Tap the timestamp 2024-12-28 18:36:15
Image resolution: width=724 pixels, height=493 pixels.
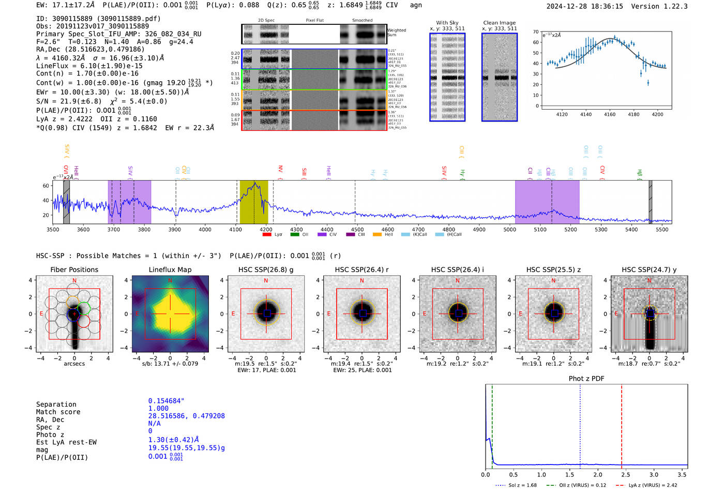(584, 6)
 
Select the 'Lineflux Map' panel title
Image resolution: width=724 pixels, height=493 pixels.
(170, 270)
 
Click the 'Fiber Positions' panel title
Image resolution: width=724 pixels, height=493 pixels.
(74, 270)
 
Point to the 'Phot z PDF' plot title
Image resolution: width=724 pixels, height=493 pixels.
(586, 379)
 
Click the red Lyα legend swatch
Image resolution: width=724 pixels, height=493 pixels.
(267, 235)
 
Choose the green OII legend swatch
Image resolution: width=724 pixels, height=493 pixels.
(295, 235)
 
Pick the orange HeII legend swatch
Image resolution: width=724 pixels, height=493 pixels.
(377, 235)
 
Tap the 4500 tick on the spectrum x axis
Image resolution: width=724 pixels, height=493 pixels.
(357, 229)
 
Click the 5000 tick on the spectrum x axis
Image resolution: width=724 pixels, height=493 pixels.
(509, 229)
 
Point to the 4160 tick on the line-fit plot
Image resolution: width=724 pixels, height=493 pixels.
(610, 114)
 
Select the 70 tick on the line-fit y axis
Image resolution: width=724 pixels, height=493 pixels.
(536, 32)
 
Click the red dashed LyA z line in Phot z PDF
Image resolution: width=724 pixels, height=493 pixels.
(622, 424)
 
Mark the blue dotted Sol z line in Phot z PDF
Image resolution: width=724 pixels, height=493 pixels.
(580, 424)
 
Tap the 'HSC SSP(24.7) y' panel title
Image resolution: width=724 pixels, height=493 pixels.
(649, 270)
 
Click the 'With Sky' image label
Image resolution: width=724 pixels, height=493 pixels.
(447, 23)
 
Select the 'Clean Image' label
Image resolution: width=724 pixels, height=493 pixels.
(499, 23)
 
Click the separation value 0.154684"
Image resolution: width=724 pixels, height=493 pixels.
(166, 401)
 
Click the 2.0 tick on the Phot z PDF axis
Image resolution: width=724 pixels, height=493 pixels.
(598, 474)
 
